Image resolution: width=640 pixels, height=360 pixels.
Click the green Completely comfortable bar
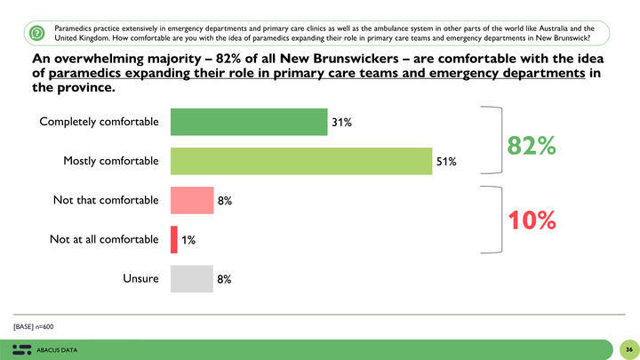[x=248, y=122]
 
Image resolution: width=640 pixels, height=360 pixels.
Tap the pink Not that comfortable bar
[x=191, y=201]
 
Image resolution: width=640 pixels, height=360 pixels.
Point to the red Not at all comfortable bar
[x=173, y=239]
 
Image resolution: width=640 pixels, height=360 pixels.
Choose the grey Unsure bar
[x=191, y=279]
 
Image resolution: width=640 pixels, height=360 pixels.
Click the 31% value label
[x=342, y=123]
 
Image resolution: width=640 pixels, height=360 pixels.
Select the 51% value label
[x=446, y=162]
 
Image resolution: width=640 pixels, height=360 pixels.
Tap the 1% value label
[x=188, y=240]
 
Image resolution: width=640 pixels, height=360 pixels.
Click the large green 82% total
[x=532, y=146]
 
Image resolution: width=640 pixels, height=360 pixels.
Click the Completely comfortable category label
[x=99, y=122]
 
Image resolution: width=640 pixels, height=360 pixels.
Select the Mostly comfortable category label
[x=110, y=161]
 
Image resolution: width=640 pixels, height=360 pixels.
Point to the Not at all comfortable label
[x=104, y=239]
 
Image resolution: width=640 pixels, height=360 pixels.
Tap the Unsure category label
[x=140, y=279]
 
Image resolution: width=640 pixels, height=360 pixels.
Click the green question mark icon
[x=36, y=33]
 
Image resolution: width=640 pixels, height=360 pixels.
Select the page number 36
[x=627, y=349]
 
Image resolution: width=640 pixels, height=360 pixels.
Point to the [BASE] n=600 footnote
[x=34, y=326]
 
